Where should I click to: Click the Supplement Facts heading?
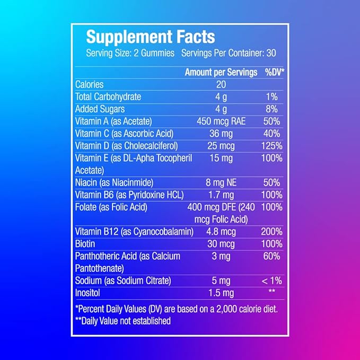click(x=150, y=37)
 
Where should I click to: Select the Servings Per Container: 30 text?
click(x=229, y=54)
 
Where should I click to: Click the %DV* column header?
click(x=275, y=72)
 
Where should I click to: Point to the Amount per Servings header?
click(x=221, y=72)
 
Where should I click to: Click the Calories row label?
click(x=89, y=84)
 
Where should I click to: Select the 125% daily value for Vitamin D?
click(x=271, y=145)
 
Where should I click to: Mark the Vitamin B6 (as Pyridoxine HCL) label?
click(x=129, y=195)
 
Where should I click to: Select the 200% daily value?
click(x=271, y=232)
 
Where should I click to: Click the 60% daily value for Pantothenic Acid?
click(x=271, y=256)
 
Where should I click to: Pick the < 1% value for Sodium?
click(x=271, y=281)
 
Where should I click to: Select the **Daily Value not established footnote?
click(x=123, y=321)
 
